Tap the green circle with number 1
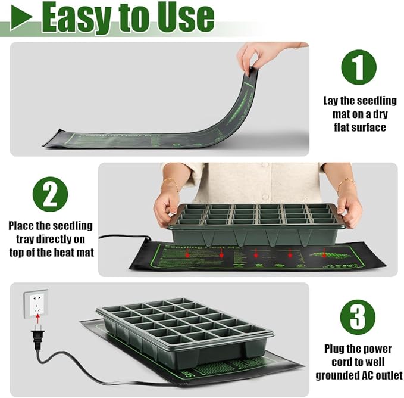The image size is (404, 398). (x=358, y=67)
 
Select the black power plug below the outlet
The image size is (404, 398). (x=36, y=338)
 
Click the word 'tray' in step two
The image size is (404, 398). (x=21, y=239)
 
